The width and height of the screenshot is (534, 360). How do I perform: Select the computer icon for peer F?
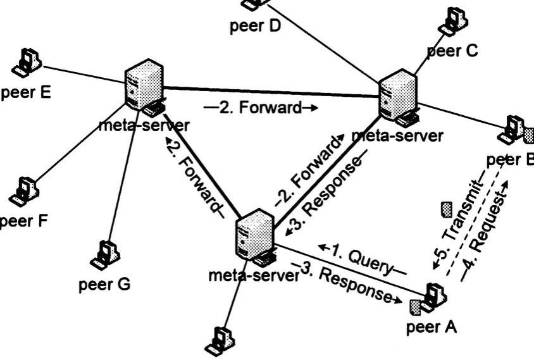(23, 190)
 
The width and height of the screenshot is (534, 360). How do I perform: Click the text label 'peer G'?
(105, 284)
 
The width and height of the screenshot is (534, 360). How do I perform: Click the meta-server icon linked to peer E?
(144, 87)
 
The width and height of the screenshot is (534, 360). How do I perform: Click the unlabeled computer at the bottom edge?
(222, 340)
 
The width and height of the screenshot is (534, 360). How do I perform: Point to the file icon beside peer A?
(414, 307)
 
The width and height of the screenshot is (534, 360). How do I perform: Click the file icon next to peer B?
(529, 134)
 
